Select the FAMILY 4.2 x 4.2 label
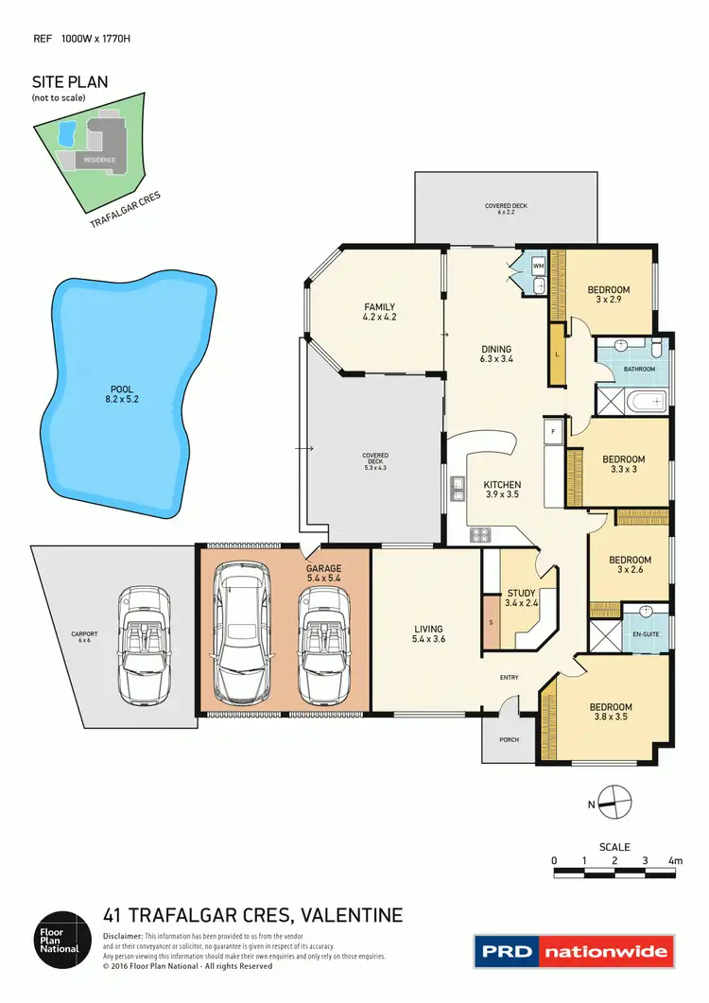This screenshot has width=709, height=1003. coord(379,312)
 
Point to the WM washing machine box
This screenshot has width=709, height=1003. coord(538,267)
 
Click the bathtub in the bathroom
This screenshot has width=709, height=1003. coord(649,404)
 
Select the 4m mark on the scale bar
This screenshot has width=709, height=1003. coord(675,860)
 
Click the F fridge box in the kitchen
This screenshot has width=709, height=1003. coord(551,432)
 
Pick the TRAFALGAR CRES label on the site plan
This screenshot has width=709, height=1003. coord(126,211)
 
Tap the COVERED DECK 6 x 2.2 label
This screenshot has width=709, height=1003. coord(506,208)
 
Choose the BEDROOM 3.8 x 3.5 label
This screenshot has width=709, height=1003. coord(611,712)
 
